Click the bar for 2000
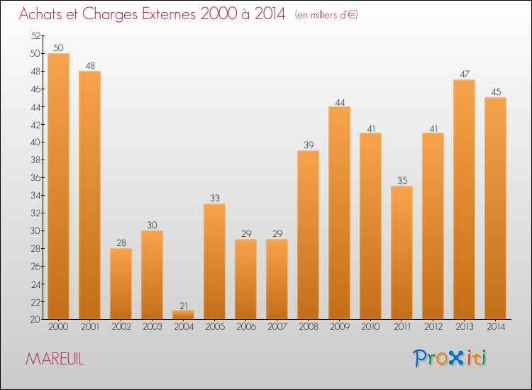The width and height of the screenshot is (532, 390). click(x=58, y=186)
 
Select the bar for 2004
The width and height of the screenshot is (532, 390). click(x=183, y=315)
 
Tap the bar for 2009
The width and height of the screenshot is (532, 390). click(x=339, y=213)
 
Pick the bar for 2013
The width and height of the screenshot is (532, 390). click(x=464, y=199)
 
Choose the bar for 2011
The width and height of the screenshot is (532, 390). click(x=401, y=252)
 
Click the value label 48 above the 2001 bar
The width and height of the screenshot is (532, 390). click(x=89, y=65)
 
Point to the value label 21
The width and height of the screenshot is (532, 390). click(x=183, y=305)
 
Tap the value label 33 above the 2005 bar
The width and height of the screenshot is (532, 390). click(x=214, y=199)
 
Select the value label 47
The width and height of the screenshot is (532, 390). click(x=464, y=74)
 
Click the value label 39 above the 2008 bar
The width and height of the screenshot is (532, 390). click(x=308, y=145)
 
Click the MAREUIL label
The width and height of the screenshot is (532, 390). click(x=55, y=360)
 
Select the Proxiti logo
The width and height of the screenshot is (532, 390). click(x=450, y=358)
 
